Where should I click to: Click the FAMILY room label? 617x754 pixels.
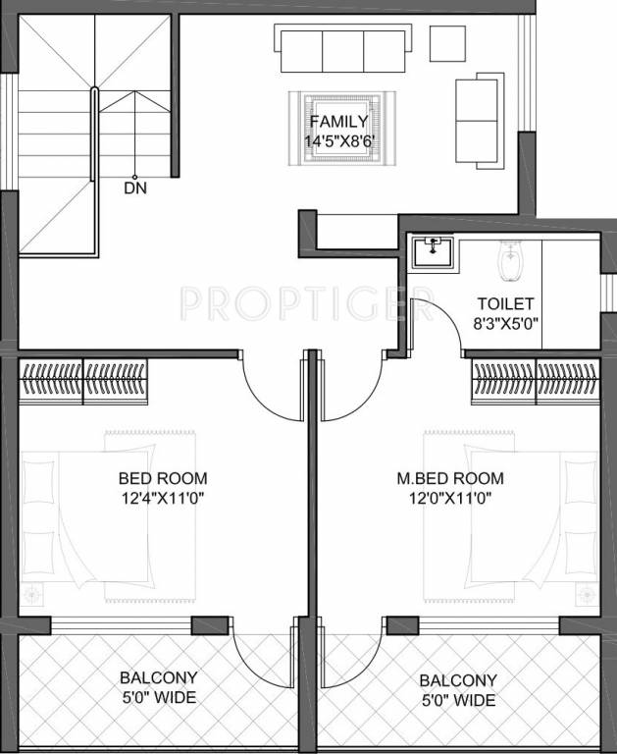[x=338, y=122]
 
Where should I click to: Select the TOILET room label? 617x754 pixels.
[x=505, y=303]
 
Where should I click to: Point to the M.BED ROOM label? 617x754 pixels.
[x=449, y=479]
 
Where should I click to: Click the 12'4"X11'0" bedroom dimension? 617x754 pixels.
[x=163, y=498]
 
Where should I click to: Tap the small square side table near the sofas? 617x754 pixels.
[x=447, y=40]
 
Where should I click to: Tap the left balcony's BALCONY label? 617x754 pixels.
[x=158, y=678]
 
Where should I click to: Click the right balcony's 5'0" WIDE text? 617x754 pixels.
[x=456, y=700]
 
